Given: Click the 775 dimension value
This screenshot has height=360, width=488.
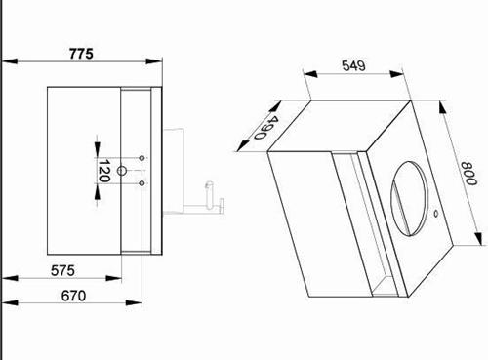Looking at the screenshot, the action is coord(81,54).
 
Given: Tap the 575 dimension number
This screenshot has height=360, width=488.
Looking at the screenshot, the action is coord(62,270).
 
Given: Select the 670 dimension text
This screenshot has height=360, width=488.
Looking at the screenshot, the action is coord(73,296).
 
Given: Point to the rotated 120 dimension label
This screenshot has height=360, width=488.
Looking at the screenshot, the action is coord(104,171).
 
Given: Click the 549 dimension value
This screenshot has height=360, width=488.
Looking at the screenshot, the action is coord(354,66).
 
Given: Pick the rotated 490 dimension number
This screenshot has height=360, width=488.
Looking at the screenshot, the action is coord(266,128).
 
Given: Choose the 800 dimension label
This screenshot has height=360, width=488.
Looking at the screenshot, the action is coord(468,174).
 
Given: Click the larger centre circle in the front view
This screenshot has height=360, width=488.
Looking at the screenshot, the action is coord(121,171).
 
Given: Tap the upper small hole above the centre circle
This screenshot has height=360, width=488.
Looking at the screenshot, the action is coord(142,158).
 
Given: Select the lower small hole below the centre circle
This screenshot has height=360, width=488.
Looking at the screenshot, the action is coord(142,183).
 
